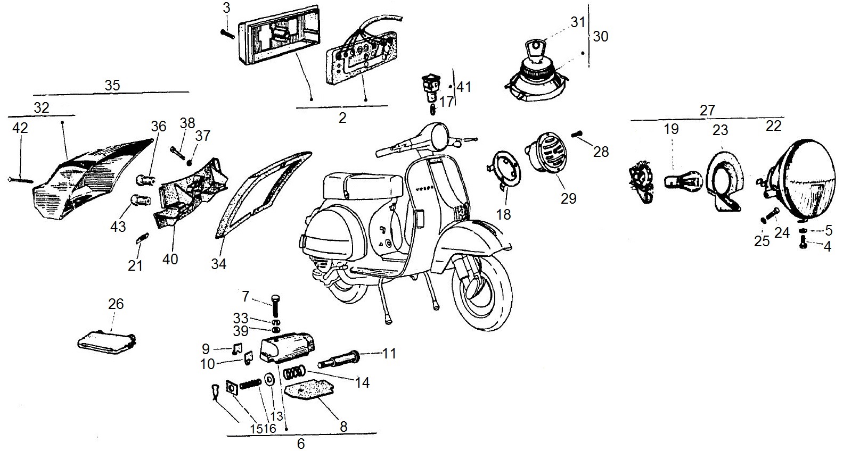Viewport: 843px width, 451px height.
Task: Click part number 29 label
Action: (569, 198)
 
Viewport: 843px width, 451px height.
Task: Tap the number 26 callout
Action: (116, 304)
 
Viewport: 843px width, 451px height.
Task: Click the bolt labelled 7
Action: (275, 306)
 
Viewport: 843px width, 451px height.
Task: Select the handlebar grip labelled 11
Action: (339, 360)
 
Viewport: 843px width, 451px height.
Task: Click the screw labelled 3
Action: (227, 31)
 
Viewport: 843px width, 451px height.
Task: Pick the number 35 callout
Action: (112, 85)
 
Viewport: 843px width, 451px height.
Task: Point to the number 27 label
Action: (707, 110)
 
